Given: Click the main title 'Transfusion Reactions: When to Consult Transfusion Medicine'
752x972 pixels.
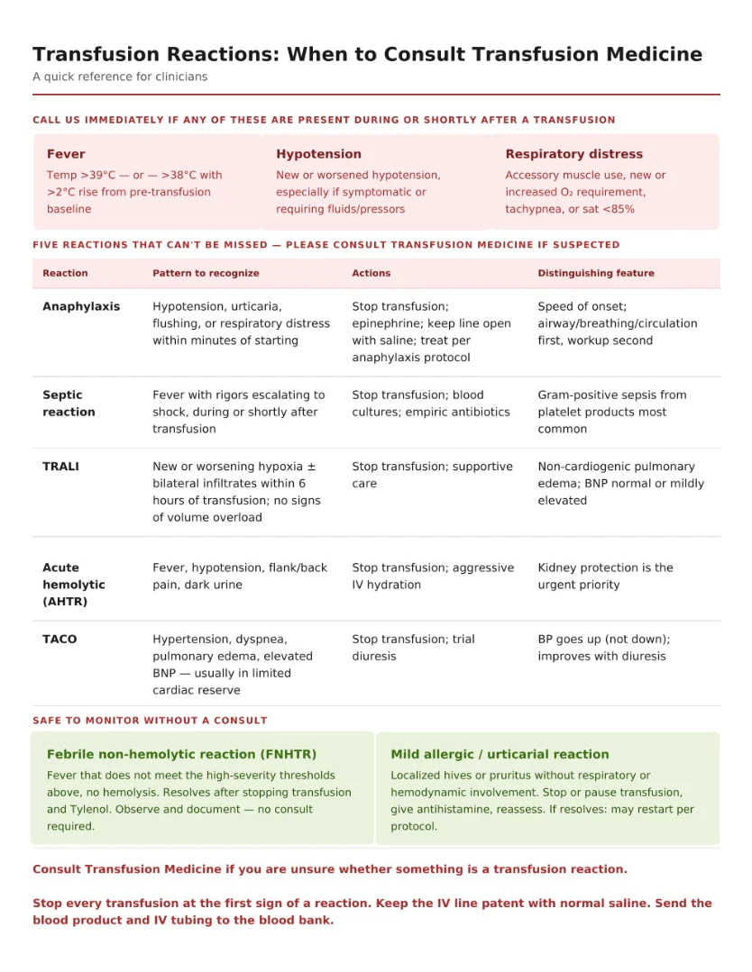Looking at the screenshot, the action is point(367,55).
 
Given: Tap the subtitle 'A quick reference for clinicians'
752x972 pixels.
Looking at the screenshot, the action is point(120,77).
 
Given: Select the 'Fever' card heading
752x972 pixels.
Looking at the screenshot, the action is point(66,154).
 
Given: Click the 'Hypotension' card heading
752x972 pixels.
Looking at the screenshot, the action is point(318,154).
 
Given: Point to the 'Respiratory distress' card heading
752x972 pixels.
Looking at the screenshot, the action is point(573,154).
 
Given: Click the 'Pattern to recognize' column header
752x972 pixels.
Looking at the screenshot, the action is point(206,273).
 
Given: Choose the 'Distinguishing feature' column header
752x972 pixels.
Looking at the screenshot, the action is point(596,273).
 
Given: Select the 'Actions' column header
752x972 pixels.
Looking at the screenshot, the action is point(371,273).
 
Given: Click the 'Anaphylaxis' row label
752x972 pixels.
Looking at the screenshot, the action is point(81,306).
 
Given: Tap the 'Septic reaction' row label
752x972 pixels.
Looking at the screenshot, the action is point(69,404).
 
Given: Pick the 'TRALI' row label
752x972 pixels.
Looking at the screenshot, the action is point(60,467).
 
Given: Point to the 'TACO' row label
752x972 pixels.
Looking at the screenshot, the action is point(60,640).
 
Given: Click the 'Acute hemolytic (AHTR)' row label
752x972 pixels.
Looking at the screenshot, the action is point(74,585).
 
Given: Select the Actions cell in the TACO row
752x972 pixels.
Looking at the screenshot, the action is point(412,648).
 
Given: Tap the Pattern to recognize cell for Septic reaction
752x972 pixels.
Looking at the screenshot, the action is point(238,412).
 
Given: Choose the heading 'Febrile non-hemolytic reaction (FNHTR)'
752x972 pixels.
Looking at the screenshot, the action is point(181,755).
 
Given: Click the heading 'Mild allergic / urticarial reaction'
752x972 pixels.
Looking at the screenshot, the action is point(500,755).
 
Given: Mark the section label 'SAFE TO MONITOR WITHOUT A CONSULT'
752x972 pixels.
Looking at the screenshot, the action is point(150,721).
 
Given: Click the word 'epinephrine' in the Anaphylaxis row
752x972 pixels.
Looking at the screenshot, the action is point(386,323).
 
